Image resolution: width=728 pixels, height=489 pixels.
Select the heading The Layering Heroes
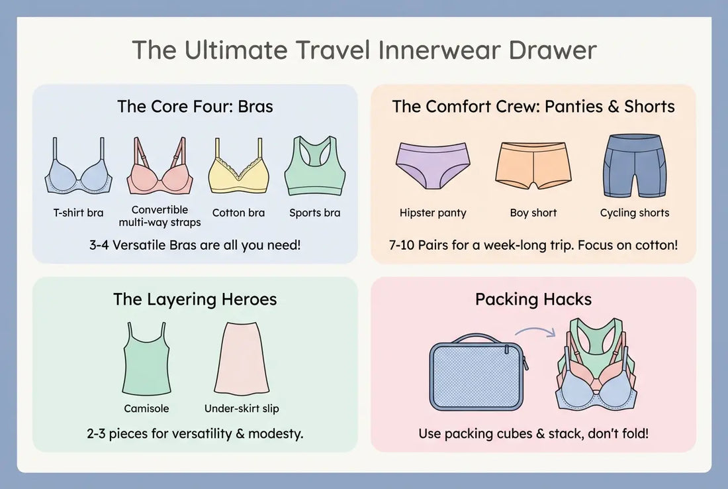click(x=195, y=299)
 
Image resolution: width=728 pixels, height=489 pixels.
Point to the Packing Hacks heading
click(x=533, y=299)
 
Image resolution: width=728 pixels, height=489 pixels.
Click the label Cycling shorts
click(x=634, y=213)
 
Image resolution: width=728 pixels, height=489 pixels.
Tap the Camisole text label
click(x=146, y=409)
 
